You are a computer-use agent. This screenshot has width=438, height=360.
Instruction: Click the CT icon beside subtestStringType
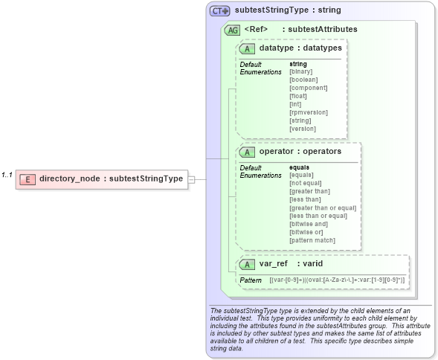click(x=219, y=11)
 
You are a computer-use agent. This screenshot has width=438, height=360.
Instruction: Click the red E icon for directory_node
click(x=28, y=179)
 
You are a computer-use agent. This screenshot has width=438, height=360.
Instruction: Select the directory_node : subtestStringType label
click(x=111, y=179)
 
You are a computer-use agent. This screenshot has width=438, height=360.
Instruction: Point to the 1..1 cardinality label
click(x=7, y=175)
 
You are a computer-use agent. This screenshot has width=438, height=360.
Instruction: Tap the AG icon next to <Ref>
click(x=232, y=30)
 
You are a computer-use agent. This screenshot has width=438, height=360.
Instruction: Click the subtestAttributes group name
click(x=323, y=29)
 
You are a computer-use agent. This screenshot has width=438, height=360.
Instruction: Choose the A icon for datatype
click(x=247, y=48)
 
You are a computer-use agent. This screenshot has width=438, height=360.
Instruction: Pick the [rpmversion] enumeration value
click(x=306, y=112)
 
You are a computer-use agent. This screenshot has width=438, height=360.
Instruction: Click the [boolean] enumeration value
click(x=303, y=80)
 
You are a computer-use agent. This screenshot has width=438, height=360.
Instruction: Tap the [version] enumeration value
click(x=302, y=129)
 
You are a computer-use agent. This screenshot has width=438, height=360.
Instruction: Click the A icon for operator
click(x=247, y=152)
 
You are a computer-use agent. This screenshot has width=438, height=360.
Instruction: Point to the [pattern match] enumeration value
click(x=312, y=240)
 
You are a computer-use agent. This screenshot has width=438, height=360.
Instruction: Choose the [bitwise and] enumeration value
click(x=310, y=224)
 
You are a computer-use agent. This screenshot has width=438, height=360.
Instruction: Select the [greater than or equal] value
click(x=323, y=208)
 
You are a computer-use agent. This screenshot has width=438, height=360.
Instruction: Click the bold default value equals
click(x=299, y=167)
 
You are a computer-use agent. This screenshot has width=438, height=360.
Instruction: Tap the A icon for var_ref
click(x=247, y=263)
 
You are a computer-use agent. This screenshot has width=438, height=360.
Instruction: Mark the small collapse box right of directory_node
click(x=191, y=179)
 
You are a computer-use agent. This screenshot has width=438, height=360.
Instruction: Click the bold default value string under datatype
click(x=297, y=64)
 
